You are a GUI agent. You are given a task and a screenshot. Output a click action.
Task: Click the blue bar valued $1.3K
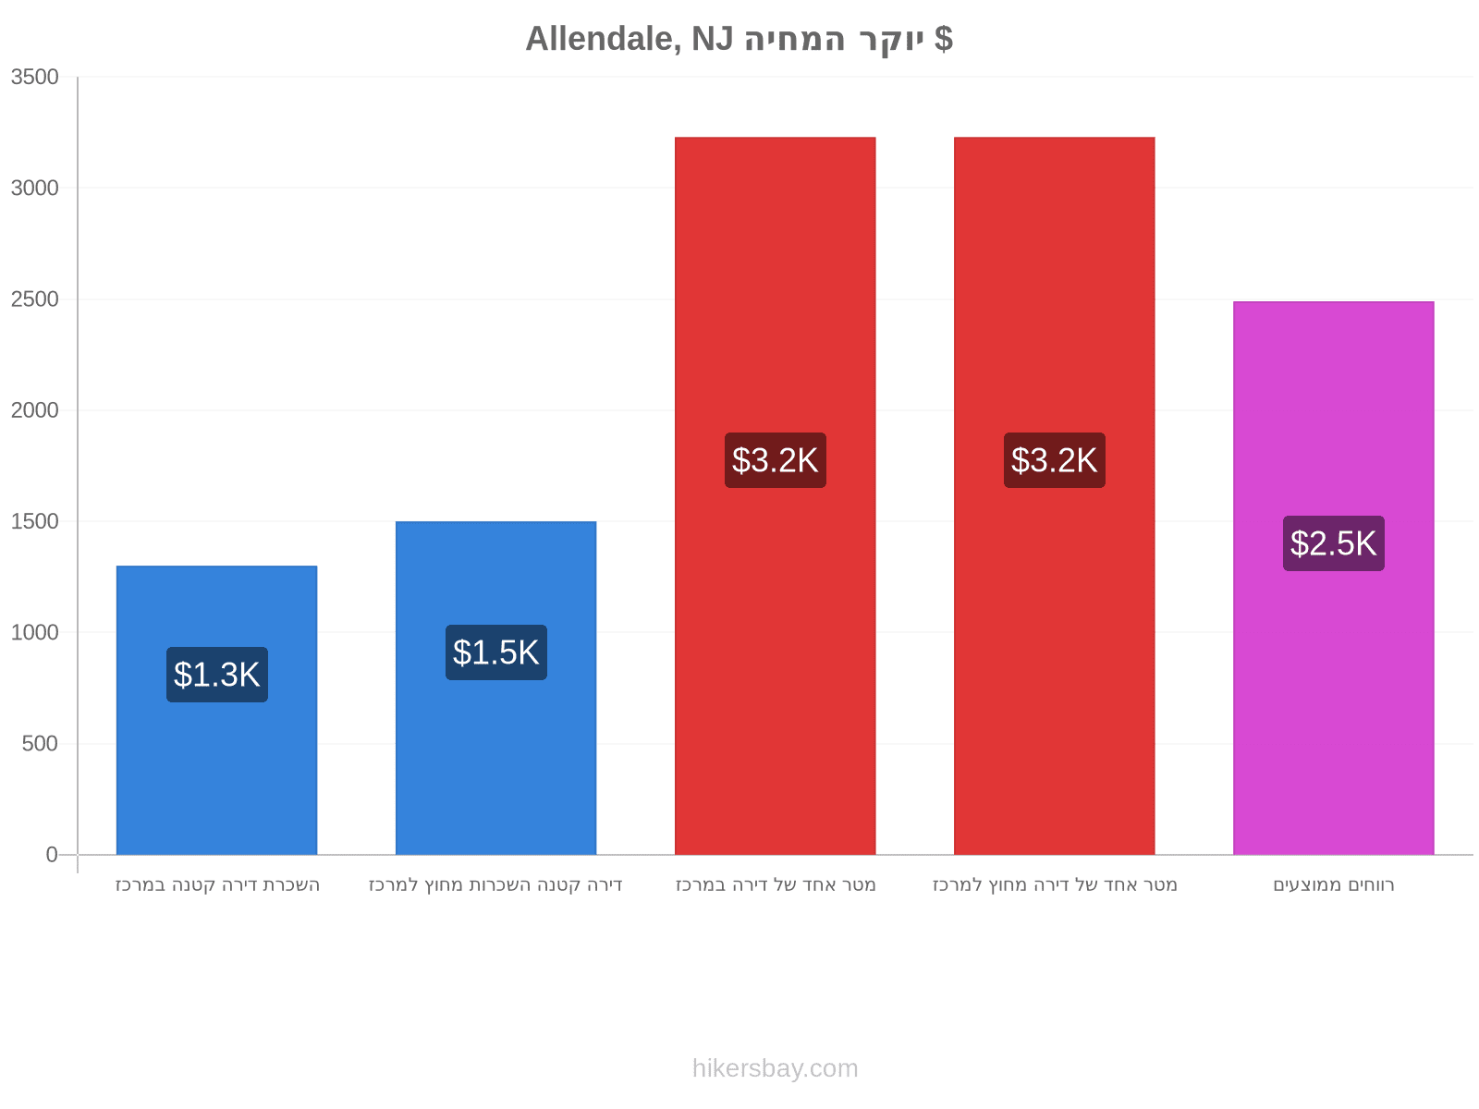click(216, 710)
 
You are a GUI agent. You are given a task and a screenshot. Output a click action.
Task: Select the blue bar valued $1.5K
click(495, 688)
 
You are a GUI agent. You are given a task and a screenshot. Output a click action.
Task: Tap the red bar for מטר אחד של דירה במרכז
click(775, 495)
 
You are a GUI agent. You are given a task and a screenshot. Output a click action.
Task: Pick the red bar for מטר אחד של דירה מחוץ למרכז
click(1054, 495)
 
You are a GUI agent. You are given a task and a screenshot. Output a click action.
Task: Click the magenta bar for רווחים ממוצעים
click(1333, 578)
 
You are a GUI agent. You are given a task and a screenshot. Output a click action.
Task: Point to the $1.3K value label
click(216, 674)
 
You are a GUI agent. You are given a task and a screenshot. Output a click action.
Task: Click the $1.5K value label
click(495, 652)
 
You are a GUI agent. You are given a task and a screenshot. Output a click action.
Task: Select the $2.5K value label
click(1333, 542)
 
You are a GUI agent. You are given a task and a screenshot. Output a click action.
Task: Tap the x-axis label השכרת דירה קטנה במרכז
click(217, 884)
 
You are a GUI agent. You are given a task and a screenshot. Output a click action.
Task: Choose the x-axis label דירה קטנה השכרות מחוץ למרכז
click(495, 884)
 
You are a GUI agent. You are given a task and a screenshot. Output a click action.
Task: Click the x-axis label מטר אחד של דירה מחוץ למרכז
click(1054, 884)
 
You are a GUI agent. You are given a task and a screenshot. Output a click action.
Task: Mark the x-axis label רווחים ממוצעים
click(1333, 884)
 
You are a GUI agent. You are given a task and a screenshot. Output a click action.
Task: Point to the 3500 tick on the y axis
click(34, 77)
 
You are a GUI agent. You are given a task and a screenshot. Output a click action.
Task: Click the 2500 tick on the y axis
click(34, 299)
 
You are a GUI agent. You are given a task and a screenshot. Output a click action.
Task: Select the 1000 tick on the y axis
click(34, 632)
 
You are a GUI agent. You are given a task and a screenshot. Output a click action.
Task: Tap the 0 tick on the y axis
click(52, 855)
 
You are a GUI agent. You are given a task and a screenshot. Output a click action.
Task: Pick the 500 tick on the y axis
click(40, 743)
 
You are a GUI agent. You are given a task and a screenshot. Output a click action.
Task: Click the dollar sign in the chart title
click(944, 39)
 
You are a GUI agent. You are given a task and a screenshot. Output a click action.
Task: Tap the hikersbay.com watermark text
click(775, 1068)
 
